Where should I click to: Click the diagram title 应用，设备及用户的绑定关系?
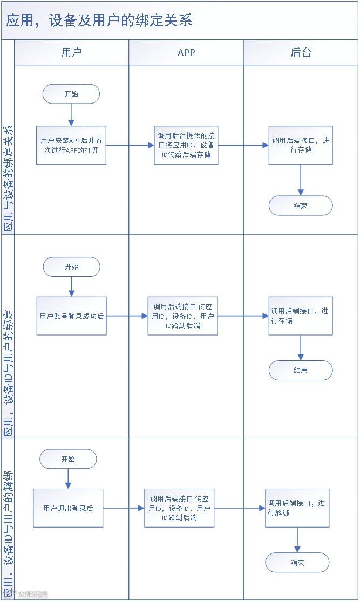pyautogui.click(x=99, y=20)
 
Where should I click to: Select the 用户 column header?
pyautogui.click(x=71, y=52)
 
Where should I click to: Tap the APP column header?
pyautogui.click(x=186, y=52)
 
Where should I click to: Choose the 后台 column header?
pyautogui.click(x=301, y=52)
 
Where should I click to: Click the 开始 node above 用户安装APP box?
pyautogui.click(x=71, y=94)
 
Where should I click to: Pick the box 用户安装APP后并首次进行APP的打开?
pyautogui.click(x=71, y=145)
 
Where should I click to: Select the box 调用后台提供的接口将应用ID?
pyautogui.click(x=186, y=145)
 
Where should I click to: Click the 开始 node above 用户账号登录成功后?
pyautogui.click(x=71, y=266)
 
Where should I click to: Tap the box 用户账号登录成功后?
pyautogui.click(x=71, y=316)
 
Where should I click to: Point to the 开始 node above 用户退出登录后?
pyautogui.click(x=68, y=459)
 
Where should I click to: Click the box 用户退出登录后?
pyautogui.click(x=68, y=508)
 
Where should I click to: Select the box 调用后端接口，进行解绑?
pyautogui.click(x=297, y=508)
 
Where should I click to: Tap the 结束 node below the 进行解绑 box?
pyautogui.click(x=297, y=563)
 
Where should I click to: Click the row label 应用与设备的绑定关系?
pyautogui.click(x=8, y=178)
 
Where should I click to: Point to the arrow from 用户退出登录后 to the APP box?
pyautogui.click(x=124, y=508)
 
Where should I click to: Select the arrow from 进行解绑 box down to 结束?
pyautogui.click(x=297, y=540)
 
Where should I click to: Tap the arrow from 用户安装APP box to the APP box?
pyautogui.click(x=130, y=145)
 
